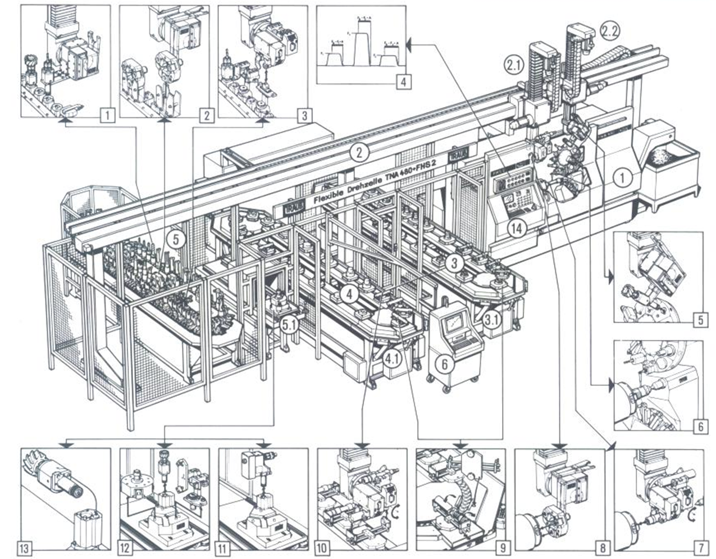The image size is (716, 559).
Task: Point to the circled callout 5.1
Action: tap(290, 325)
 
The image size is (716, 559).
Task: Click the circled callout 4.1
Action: tap(393, 357)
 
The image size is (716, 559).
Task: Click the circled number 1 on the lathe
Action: tap(622, 179)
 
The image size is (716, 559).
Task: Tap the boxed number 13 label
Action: tap(24, 546)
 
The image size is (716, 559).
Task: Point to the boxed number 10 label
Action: tap(321, 546)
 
